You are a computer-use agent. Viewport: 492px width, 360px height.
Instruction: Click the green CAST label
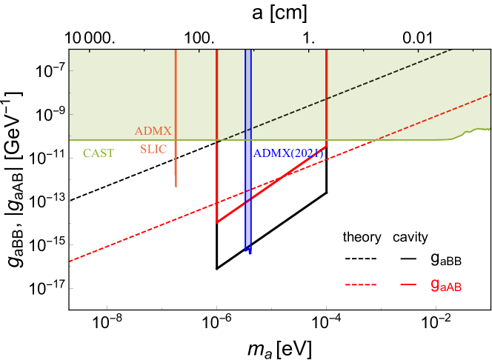click(98, 153)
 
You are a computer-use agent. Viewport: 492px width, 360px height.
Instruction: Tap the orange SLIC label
click(153, 149)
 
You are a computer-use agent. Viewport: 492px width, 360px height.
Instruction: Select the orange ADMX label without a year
click(153, 131)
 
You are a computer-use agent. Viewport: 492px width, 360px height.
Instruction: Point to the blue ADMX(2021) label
click(288, 153)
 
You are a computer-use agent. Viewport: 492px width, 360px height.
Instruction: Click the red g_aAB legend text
click(446, 284)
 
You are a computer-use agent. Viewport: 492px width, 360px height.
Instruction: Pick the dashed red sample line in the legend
click(361, 284)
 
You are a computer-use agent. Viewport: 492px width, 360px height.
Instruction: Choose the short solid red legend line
click(408, 284)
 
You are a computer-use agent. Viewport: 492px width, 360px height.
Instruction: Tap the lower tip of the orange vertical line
click(176, 186)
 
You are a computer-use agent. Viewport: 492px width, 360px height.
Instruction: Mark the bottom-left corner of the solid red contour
click(216, 222)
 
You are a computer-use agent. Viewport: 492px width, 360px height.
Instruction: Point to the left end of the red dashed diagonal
click(70, 261)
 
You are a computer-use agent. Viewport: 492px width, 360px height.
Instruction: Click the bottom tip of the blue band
click(250, 253)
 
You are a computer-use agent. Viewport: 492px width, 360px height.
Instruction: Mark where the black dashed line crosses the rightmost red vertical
click(327, 99)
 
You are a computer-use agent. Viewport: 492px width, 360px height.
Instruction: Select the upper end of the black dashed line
click(450, 50)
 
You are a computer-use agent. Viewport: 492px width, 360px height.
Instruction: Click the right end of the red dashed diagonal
click(489, 95)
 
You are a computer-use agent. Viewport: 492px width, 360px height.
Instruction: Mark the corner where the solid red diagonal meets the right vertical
click(327, 146)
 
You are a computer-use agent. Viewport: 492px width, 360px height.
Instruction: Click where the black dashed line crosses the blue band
click(248, 129)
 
